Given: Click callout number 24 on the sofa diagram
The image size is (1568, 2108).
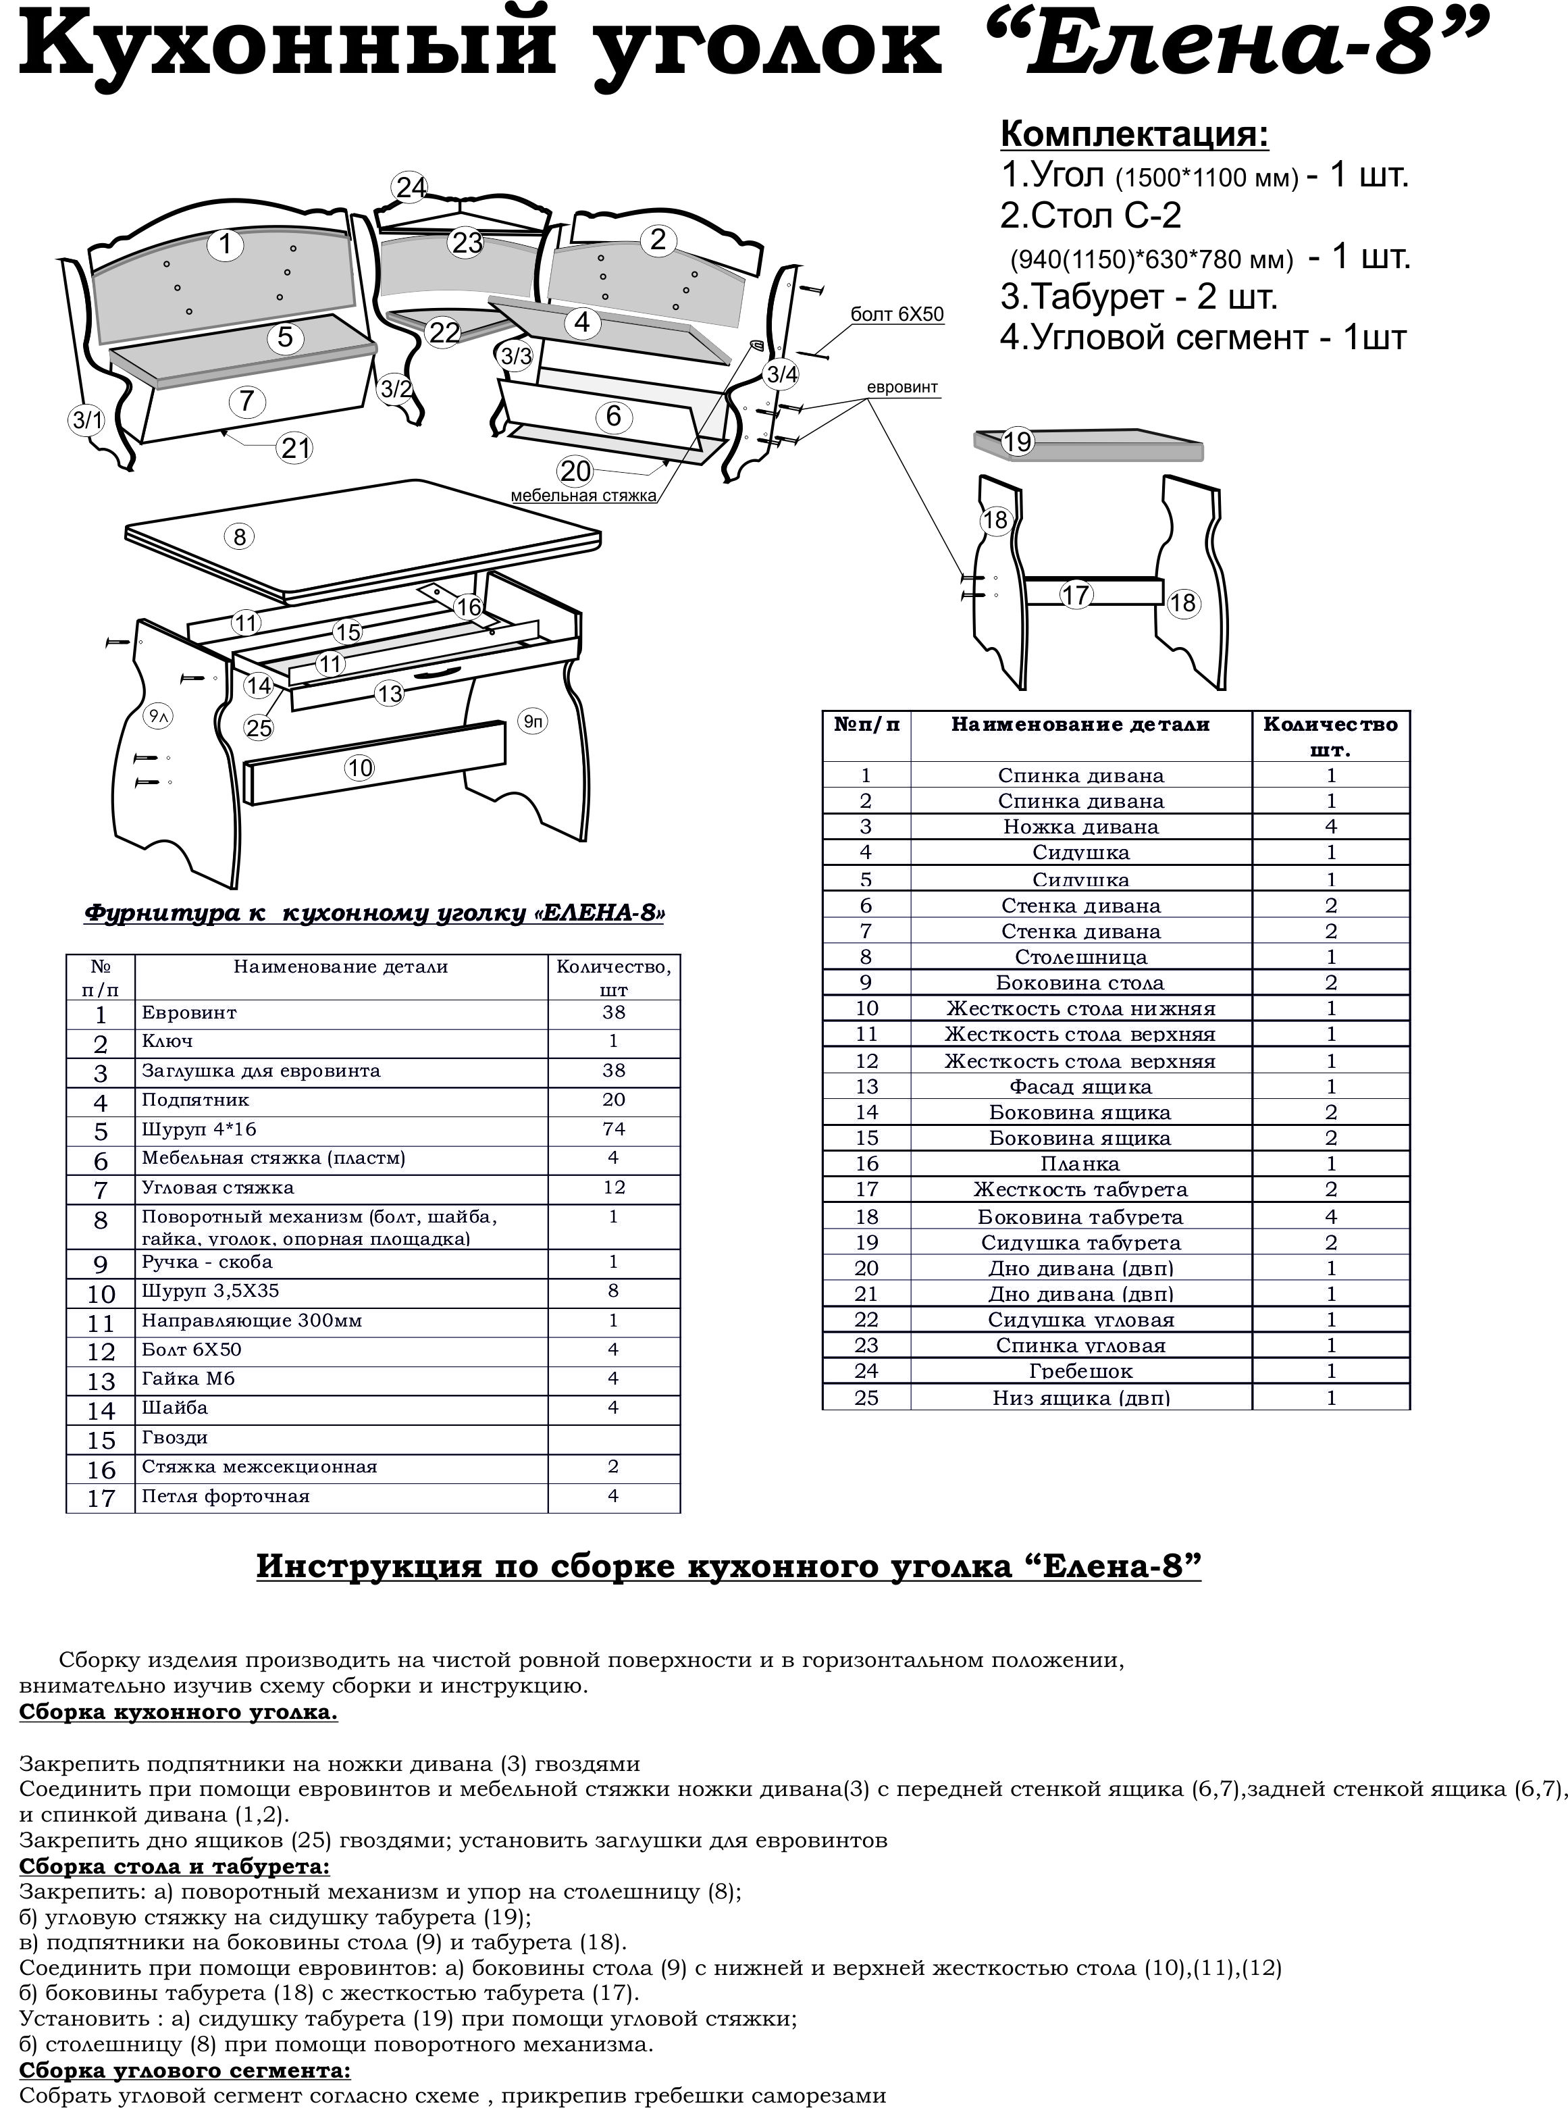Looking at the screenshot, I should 411,187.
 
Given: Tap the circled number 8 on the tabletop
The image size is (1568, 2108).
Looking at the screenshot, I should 239,537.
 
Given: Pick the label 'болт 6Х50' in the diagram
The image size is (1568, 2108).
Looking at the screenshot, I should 897,314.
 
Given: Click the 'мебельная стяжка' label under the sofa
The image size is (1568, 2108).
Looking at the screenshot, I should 583,496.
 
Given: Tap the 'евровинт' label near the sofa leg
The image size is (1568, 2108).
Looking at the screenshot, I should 901,387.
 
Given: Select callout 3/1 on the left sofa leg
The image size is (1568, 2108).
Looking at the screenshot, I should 87,419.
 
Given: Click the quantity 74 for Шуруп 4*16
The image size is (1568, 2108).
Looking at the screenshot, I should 613,1129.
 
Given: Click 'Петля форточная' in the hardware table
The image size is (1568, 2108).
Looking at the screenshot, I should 226,1496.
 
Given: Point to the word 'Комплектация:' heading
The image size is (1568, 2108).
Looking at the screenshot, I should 1134,135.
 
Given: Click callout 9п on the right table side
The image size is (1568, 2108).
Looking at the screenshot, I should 533,721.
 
